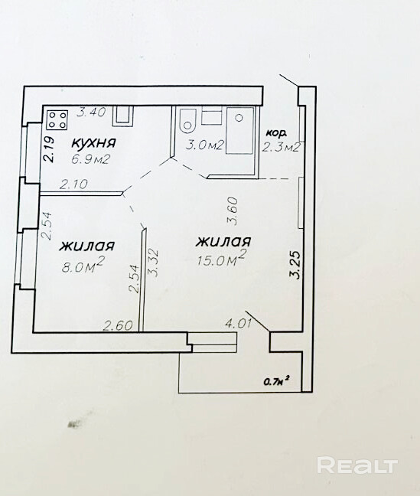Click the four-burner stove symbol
[x=57, y=120]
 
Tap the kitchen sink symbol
[x=122, y=116]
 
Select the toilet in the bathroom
[x=187, y=121]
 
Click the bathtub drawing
[x=239, y=131]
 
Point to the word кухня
[x=94, y=143]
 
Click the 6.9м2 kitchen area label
[x=91, y=159]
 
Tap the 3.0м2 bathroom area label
[x=205, y=145]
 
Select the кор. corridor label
[x=276, y=133]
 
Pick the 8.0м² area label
[x=83, y=266]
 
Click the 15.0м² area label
[x=222, y=258]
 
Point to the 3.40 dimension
[x=91, y=112]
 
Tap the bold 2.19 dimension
[x=49, y=149]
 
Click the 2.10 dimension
[x=73, y=184]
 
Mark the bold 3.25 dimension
[x=295, y=265]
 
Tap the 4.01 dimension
[x=238, y=324]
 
